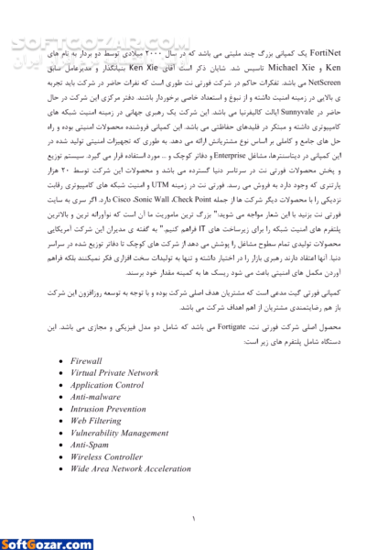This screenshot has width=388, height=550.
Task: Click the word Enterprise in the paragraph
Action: tap(210, 157)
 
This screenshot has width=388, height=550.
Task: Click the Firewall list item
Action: tap(87, 361)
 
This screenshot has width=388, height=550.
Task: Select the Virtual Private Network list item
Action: tap(114, 373)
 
